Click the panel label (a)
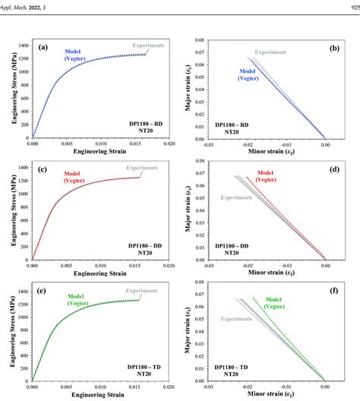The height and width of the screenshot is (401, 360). point(44,47)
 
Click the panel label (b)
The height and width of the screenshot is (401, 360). point(333,47)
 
